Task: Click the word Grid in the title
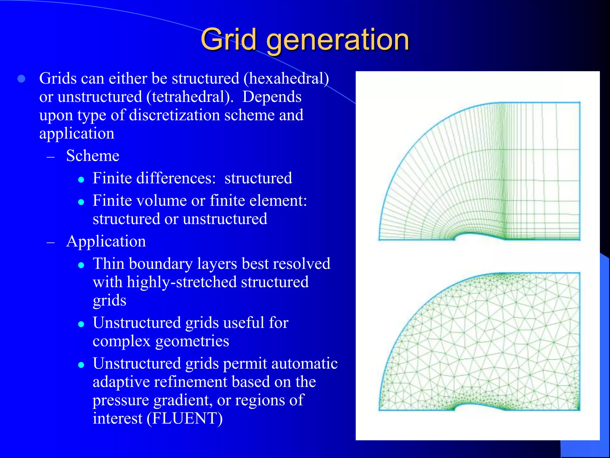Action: (229, 40)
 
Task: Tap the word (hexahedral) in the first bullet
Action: (286, 79)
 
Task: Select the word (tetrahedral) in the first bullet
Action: (190, 97)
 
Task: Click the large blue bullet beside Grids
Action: (21, 79)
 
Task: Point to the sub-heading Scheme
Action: (93, 156)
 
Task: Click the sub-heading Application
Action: (106, 241)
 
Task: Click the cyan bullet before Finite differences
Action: (81, 180)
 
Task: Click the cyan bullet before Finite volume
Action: (81, 202)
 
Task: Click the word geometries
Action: (192, 341)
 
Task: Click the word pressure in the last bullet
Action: (121, 400)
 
